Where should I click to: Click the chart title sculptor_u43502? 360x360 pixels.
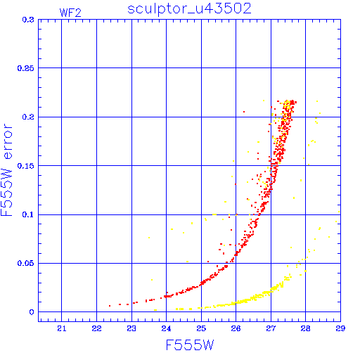pos(189,9)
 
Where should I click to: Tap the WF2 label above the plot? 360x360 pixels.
pos(70,13)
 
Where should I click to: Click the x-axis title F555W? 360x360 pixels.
pos(190,345)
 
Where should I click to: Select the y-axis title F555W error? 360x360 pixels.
pos(7,170)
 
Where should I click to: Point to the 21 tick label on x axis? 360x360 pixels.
pos(62,328)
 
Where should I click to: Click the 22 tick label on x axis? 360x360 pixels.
pos(96,328)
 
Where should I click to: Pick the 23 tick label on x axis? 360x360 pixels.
pos(131,328)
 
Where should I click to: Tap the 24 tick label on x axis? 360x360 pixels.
pos(166,328)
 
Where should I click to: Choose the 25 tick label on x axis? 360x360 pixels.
pos(201,328)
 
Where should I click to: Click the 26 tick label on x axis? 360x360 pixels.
pos(236,328)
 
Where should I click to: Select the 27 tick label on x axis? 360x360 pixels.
pos(271,328)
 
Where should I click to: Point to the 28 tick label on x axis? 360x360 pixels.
pos(305,328)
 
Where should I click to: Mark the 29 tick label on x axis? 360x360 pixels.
pos(340,328)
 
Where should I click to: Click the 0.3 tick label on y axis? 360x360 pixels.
pos(28,20)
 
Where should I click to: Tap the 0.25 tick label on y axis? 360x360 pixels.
pos(25,68)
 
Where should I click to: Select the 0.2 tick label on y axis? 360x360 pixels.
pos(28,117)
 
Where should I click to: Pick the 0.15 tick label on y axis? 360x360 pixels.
pos(25,166)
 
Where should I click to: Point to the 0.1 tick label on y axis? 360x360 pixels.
pos(28,214)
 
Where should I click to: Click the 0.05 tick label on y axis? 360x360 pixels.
pos(25,263)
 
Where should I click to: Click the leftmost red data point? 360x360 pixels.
pos(110,306)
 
